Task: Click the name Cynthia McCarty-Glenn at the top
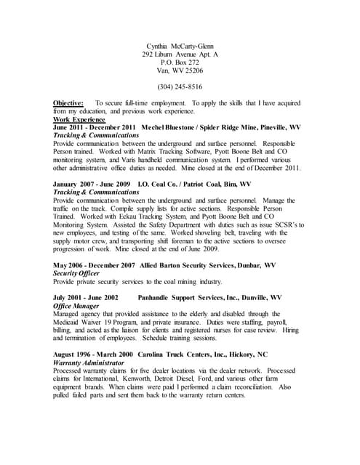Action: click(x=180, y=45)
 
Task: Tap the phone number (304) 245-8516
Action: click(x=180, y=86)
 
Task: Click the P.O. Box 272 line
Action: click(x=180, y=62)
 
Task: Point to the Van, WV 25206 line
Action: click(x=180, y=71)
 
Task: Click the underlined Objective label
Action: click(x=68, y=103)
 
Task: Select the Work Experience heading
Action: click(x=79, y=119)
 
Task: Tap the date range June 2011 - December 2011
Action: click(x=95, y=127)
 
